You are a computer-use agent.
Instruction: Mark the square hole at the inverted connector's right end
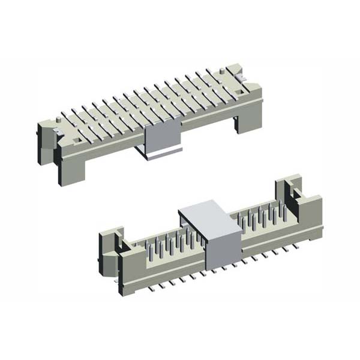point(242,91)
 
